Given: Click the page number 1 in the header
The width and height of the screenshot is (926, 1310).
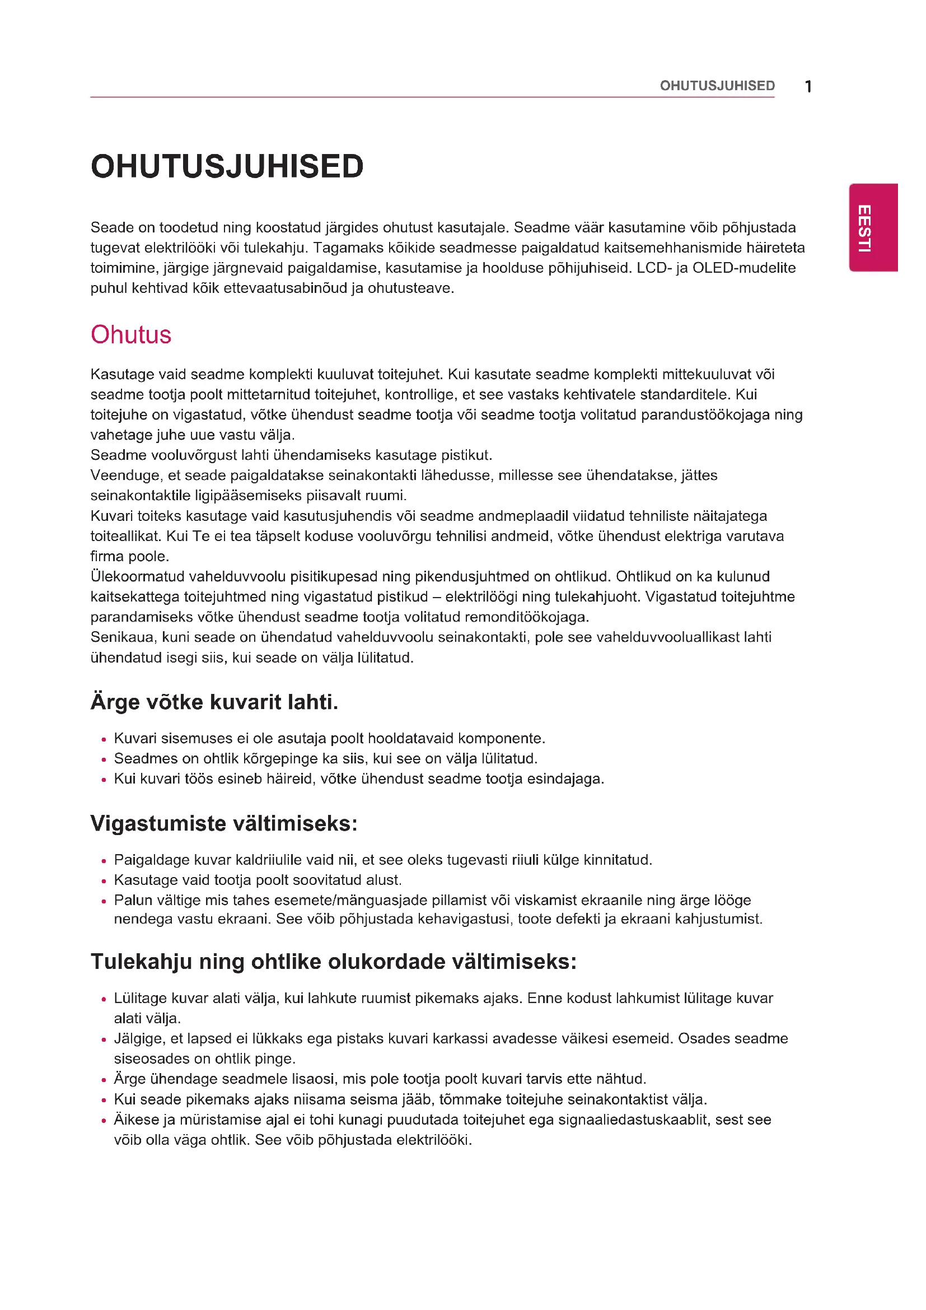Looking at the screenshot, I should [x=808, y=87].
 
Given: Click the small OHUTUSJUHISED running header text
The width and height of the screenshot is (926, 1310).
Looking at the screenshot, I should [x=717, y=86].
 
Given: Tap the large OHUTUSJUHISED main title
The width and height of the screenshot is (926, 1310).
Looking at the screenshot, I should [x=227, y=166].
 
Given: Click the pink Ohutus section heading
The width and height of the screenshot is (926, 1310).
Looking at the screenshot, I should [x=130, y=335].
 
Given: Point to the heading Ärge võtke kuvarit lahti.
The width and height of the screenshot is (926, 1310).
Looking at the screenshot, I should [x=214, y=702].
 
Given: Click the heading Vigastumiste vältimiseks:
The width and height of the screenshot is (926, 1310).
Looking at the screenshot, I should [x=223, y=823].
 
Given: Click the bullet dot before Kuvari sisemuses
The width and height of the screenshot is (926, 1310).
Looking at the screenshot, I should [x=104, y=739].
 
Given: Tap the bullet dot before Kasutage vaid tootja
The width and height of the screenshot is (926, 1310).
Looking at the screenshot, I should [x=104, y=881].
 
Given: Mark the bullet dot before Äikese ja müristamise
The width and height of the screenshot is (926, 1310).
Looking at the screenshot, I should [x=104, y=1121].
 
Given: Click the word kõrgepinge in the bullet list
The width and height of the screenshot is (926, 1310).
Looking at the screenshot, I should [x=275, y=759].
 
